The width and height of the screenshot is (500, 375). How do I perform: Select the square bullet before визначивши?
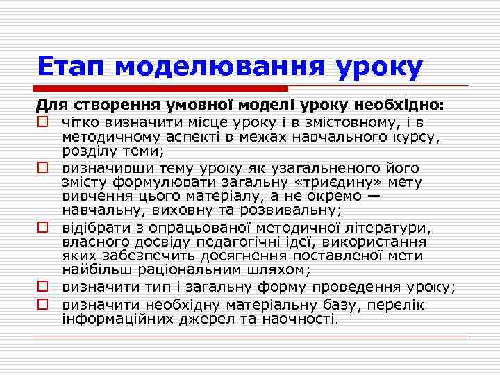pos(43,168)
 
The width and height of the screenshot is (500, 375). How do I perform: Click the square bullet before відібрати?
pos(43,228)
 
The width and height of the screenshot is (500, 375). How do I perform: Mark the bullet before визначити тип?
pos(43,287)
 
